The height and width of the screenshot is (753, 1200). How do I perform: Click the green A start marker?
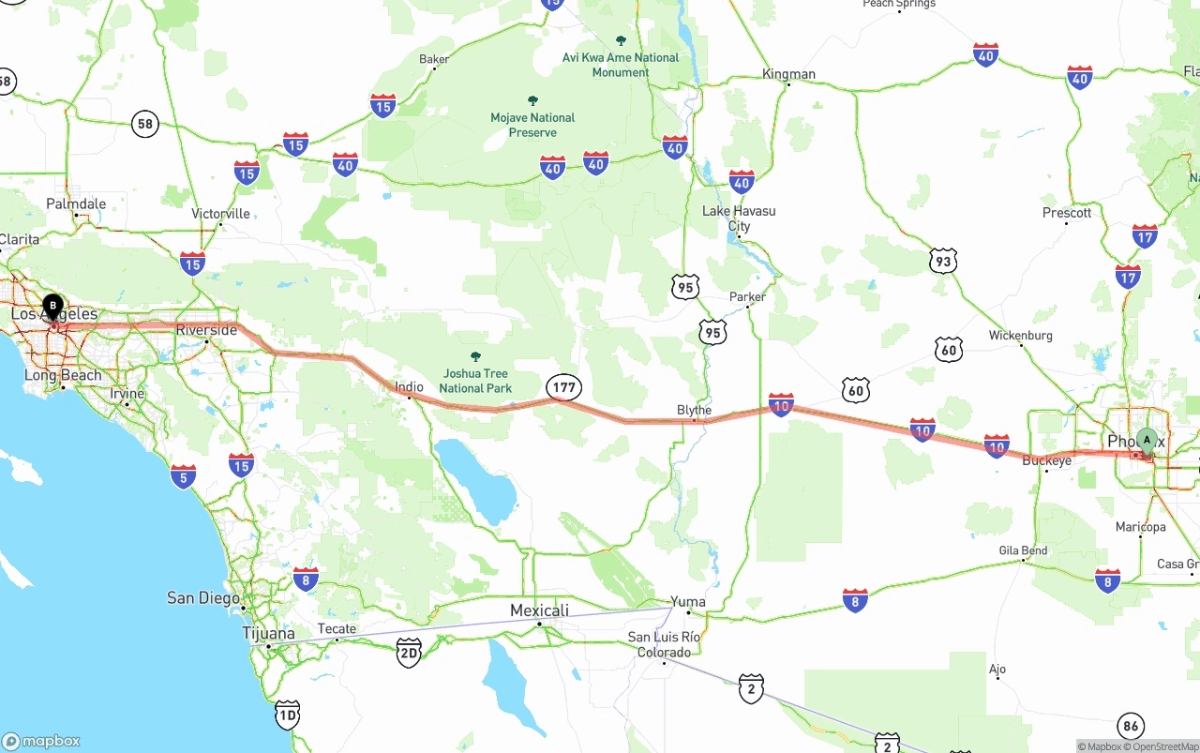tap(1146, 441)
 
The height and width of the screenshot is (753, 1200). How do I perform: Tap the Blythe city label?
tap(694, 410)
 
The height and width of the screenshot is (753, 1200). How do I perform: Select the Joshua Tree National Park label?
tap(475, 381)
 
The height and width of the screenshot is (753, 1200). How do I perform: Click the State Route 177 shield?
tap(564, 386)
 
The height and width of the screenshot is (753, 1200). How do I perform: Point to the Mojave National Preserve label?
tap(532, 125)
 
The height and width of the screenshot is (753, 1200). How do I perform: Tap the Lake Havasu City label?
tap(739, 218)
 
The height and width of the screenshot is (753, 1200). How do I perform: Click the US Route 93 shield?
tap(943, 261)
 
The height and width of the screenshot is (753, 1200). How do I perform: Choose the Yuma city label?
tap(688, 602)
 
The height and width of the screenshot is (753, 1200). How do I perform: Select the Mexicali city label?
tap(539, 610)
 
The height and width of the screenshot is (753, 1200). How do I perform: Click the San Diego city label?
tap(202, 597)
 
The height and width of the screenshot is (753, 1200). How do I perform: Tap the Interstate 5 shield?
tap(184, 476)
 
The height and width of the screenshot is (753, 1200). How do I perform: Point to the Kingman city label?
tap(788, 74)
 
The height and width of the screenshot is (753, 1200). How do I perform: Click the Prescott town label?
tap(1067, 213)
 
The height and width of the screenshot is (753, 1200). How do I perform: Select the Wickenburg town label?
tap(1021, 336)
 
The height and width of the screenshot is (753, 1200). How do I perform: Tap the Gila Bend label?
tap(1024, 550)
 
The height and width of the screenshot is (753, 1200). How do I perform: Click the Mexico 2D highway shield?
tap(409, 652)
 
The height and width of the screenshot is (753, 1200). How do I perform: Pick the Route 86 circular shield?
tap(1131, 726)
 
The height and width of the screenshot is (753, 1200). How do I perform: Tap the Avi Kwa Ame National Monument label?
tap(621, 65)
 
